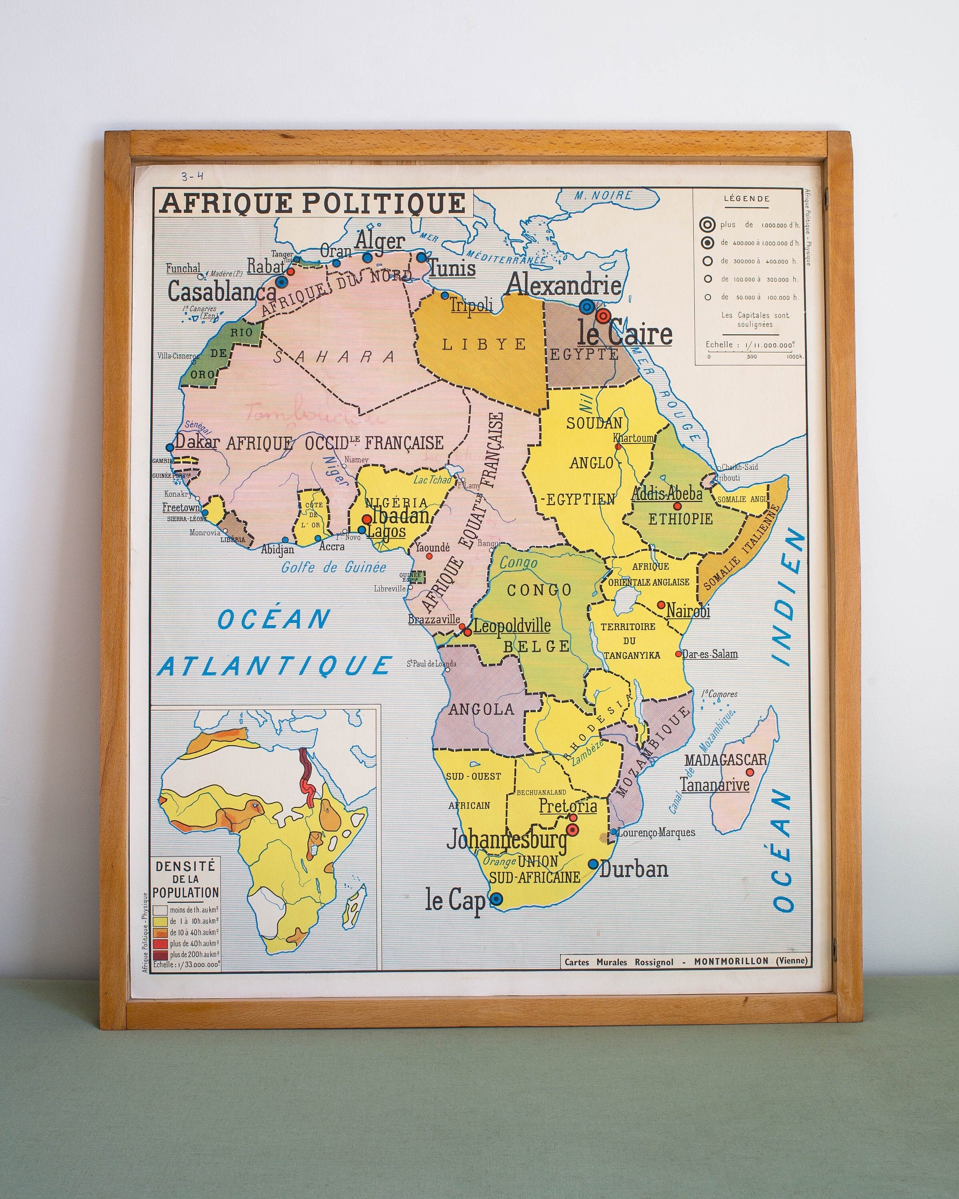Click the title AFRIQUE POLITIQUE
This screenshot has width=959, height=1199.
coord(312,203)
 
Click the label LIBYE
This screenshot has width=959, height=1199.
coord(483,344)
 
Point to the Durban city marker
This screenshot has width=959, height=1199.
coord(593,864)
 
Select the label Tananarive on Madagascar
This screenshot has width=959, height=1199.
coord(714,785)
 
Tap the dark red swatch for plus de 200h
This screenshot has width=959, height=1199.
coord(160,954)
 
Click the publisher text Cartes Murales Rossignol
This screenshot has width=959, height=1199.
coord(619,962)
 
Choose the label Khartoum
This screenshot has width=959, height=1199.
coord(634,438)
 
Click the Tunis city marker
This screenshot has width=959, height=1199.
coord(422,257)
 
